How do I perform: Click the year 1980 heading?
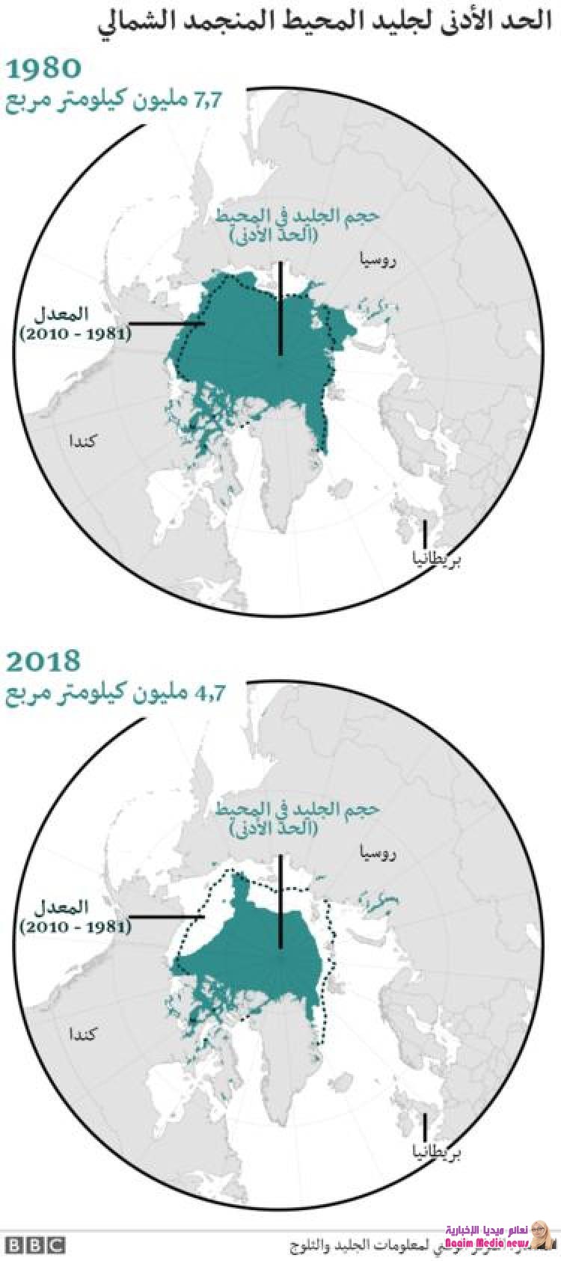click(x=43, y=68)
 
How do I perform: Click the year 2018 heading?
click(x=43, y=661)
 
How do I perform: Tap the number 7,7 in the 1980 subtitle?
click(x=209, y=100)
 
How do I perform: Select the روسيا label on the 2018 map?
click(x=378, y=852)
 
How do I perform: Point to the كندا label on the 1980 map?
click(x=83, y=440)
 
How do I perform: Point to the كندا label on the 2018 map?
click(x=83, y=1034)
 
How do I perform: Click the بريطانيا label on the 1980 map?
click(x=436, y=558)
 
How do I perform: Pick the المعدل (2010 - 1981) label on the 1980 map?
click(x=75, y=323)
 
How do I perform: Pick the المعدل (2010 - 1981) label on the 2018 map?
click(x=75, y=917)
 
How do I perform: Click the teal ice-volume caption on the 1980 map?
click(x=297, y=224)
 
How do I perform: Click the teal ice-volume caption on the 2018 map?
click(x=297, y=817)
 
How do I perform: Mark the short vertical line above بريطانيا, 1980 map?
click(x=425, y=533)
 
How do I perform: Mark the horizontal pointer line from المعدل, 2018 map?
click(x=167, y=916)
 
